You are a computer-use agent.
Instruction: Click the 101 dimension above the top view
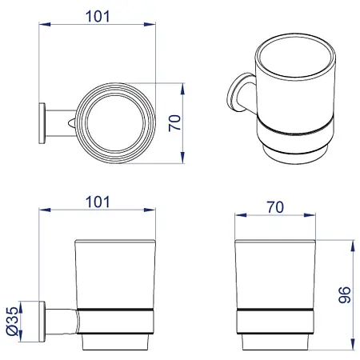(98, 17)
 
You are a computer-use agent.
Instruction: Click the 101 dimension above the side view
(98, 202)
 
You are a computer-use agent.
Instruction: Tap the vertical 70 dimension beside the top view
(174, 123)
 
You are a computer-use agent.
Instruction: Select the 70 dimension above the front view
(275, 207)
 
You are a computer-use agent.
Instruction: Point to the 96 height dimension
(345, 294)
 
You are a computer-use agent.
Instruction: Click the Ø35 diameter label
(12, 321)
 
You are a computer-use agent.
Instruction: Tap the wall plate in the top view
(42, 123)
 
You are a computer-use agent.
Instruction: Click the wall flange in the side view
(42, 322)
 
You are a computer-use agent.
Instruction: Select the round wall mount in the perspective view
(236, 92)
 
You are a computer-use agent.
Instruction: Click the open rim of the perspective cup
(295, 57)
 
